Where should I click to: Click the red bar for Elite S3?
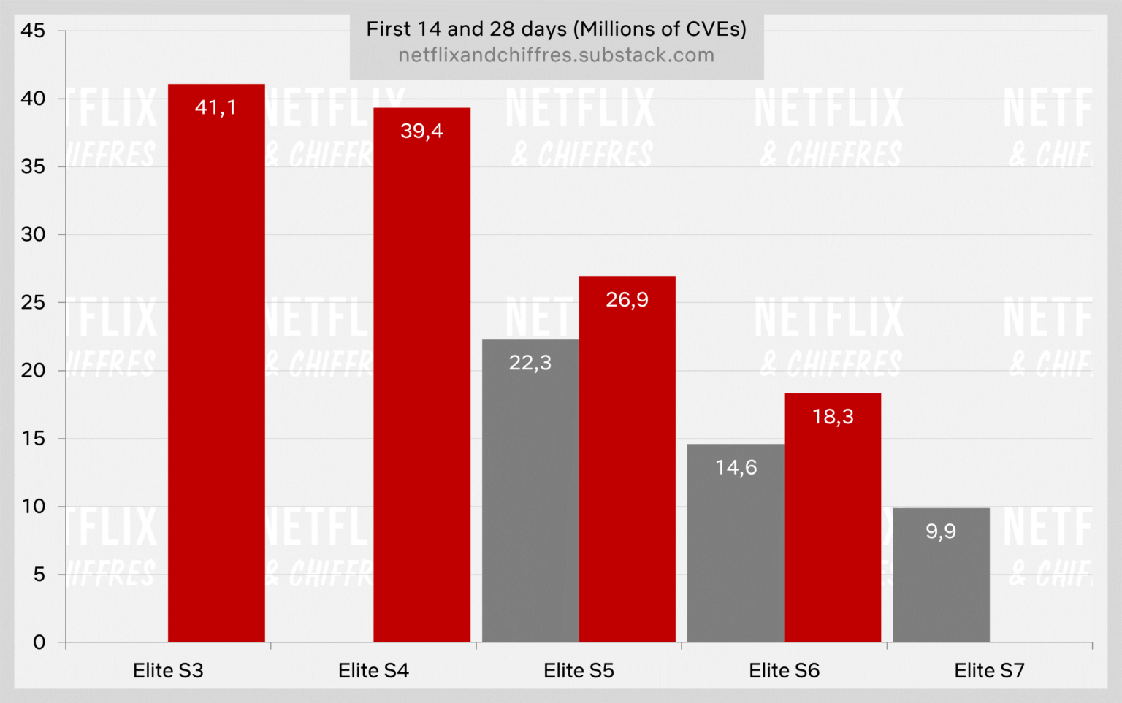click(216, 365)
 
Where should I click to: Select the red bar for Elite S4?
click(421, 380)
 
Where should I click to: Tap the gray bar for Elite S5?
click(530, 496)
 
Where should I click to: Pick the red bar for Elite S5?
click(627, 467)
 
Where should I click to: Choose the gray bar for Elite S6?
click(736, 548)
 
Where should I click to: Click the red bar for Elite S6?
click(832, 526)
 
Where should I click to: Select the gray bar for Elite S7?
click(941, 584)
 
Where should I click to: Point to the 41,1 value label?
click(215, 107)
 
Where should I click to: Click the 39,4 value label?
click(421, 131)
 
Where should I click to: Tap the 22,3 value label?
click(530, 363)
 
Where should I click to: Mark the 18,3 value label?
click(833, 417)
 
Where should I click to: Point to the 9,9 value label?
click(941, 531)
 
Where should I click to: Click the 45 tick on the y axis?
click(33, 31)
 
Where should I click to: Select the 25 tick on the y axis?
click(33, 302)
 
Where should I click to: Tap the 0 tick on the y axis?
click(39, 642)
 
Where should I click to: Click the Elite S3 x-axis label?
click(168, 670)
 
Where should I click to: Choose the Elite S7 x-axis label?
click(989, 670)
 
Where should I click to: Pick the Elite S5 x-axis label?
click(579, 670)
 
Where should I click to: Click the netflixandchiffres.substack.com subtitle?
click(556, 55)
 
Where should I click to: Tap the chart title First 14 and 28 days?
click(556, 29)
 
